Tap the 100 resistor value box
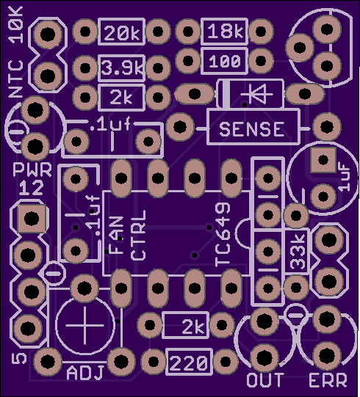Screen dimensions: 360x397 click(x=224, y=61)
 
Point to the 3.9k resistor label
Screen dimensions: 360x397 click(x=122, y=68)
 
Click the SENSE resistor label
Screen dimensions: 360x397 click(x=252, y=129)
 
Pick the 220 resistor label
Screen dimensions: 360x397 click(x=189, y=363)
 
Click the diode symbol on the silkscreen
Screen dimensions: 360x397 click(x=256, y=95)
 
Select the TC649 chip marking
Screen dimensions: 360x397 click(x=223, y=235)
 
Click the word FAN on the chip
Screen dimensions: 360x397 click(x=117, y=236)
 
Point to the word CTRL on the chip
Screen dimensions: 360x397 click(x=138, y=236)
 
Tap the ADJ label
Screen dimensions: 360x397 click(x=85, y=373)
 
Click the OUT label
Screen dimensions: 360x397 click(x=265, y=380)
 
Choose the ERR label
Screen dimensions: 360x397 click(x=328, y=380)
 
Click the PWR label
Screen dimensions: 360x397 click(x=32, y=170)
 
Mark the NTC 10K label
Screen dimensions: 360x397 click(x=15, y=52)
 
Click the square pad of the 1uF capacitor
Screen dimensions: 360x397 click(x=323, y=160)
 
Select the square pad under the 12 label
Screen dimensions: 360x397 click(x=32, y=219)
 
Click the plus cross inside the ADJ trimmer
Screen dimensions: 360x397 click(x=84, y=325)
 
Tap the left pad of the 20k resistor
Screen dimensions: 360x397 click(x=85, y=32)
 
